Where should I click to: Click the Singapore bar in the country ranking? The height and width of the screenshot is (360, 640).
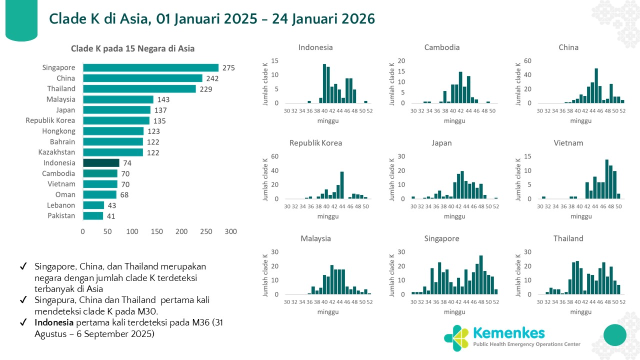point(150,67)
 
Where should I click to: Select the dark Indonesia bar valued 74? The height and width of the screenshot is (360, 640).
point(101,163)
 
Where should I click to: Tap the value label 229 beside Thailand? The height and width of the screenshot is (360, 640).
point(206,89)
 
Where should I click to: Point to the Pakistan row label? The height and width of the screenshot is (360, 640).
point(61,216)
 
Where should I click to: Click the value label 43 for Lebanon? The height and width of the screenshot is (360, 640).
point(112,205)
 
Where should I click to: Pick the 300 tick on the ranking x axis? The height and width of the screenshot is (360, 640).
point(230,232)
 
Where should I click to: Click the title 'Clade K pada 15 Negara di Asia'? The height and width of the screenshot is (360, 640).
point(132,48)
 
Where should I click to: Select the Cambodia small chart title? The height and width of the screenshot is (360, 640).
point(441,47)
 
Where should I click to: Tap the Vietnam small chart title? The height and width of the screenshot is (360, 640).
point(568,143)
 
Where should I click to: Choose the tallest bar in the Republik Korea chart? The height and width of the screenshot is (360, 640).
point(342,185)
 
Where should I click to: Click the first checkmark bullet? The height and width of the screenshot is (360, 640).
point(22,267)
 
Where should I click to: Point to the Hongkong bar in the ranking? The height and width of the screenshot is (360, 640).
point(113,131)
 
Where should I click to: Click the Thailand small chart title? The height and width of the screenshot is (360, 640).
point(568,238)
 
